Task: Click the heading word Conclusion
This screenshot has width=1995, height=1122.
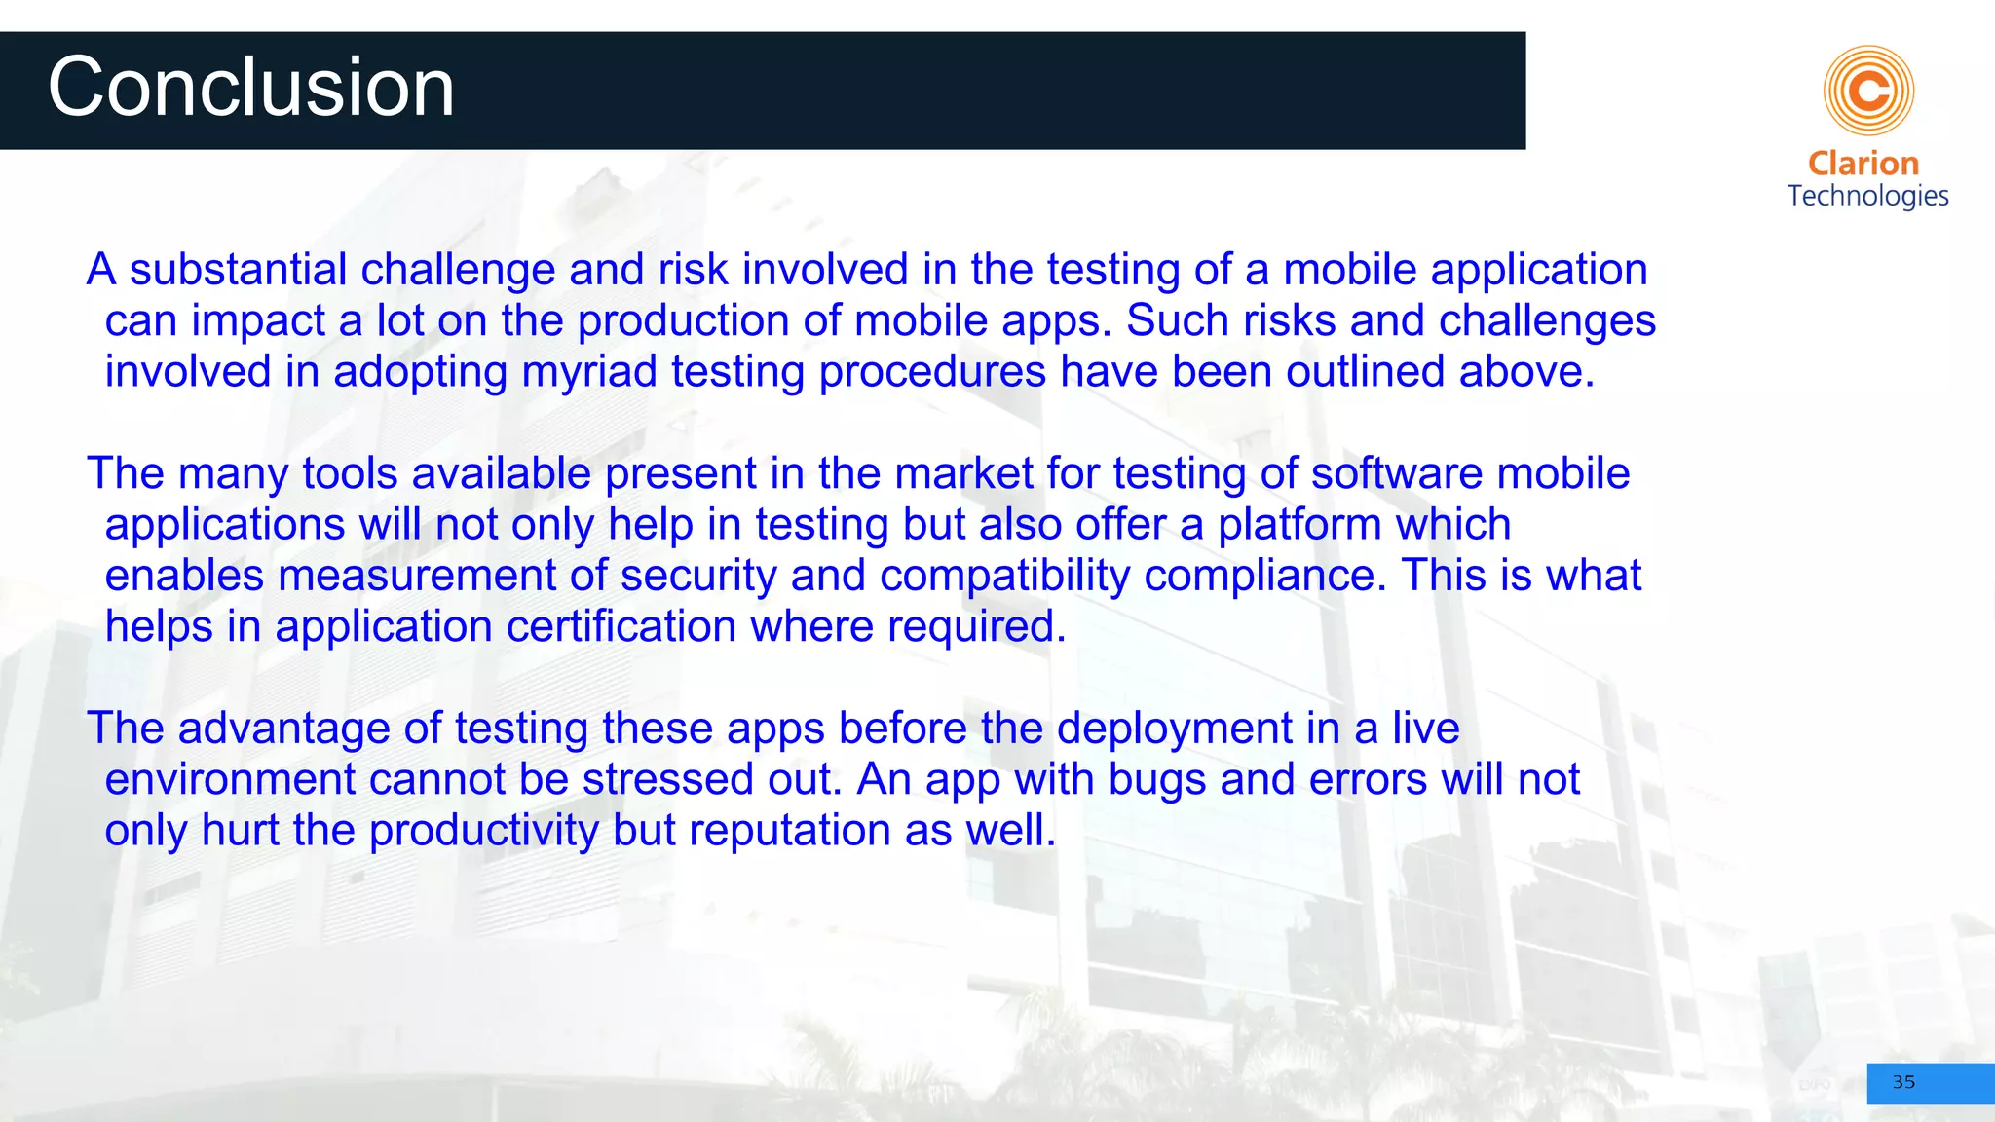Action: pos(251,88)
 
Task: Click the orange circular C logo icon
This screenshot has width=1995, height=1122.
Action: pos(1868,91)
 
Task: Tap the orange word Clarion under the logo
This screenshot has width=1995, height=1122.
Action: pos(1863,164)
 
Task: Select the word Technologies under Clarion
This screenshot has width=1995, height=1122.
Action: pos(1867,196)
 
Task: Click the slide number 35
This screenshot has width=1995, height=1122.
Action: pos(1903,1082)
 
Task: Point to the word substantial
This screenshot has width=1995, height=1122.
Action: pos(238,270)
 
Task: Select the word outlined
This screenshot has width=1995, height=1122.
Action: pos(1365,372)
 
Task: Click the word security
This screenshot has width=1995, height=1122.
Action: pos(698,576)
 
